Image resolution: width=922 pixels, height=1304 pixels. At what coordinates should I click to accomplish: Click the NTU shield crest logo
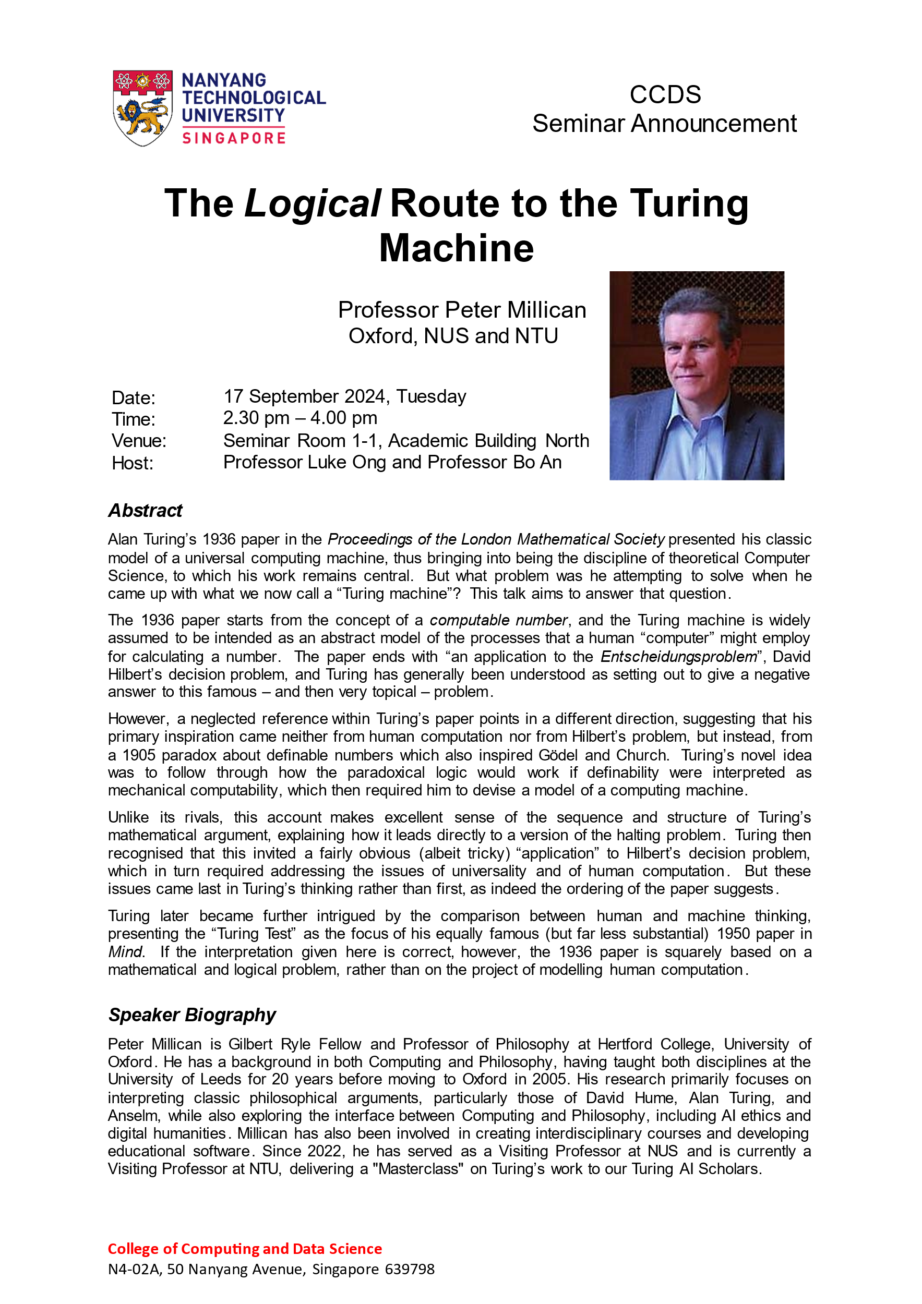pyautogui.click(x=142, y=107)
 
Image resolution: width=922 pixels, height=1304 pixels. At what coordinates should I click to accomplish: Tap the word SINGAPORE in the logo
pyautogui.click(x=233, y=138)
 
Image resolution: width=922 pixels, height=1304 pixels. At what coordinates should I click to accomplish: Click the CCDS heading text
pyautogui.click(x=665, y=95)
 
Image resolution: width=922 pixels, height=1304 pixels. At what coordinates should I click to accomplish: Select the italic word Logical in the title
pyautogui.click(x=312, y=203)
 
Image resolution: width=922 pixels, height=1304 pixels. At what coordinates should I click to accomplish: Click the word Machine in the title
pyautogui.click(x=456, y=248)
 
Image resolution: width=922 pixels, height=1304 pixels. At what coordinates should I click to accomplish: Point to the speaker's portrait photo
pyautogui.click(x=697, y=376)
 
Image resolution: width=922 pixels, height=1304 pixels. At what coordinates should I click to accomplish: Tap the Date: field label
pyautogui.click(x=134, y=397)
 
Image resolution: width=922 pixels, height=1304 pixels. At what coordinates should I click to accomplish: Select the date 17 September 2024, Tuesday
pyautogui.click(x=344, y=396)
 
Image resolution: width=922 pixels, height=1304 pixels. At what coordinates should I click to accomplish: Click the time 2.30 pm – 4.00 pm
pyautogui.click(x=300, y=418)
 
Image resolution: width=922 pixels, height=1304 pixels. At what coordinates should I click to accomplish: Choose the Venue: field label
pyautogui.click(x=139, y=441)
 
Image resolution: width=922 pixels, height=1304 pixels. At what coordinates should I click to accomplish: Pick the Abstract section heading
pyautogui.click(x=146, y=511)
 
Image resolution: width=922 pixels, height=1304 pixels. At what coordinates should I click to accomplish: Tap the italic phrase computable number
pyautogui.click(x=498, y=620)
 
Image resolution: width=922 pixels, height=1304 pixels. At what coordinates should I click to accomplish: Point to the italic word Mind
pyautogui.click(x=126, y=952)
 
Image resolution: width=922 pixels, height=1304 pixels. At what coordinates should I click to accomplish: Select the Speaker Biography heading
pyautogui.click(x=192, y=1015)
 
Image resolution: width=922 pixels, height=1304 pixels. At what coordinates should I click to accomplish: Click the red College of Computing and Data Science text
pyautogui.click(x=245, y=1248)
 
